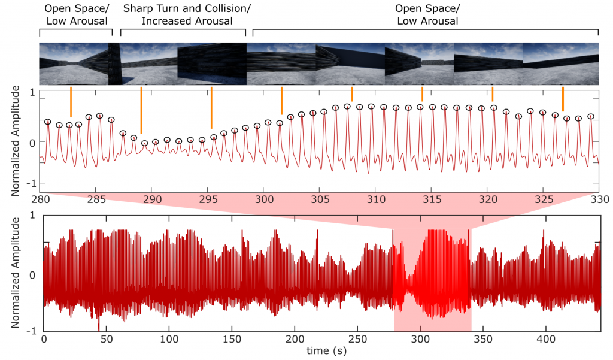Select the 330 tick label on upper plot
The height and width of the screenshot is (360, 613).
[x=599, y=198]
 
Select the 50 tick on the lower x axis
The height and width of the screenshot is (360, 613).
[x=106, y=339]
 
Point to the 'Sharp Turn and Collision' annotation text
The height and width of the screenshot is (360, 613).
[x=187, y=8]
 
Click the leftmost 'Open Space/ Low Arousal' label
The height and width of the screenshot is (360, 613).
[x=75, y=15]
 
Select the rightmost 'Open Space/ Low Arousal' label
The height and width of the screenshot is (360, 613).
[x=426, y=15]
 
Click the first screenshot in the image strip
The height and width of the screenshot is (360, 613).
[x=74, y=63]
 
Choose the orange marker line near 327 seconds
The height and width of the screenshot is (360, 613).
[x=563, y=98]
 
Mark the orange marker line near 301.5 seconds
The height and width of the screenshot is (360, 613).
[x=281, y=100]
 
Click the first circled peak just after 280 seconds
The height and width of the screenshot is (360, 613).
[x=48, y=122]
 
